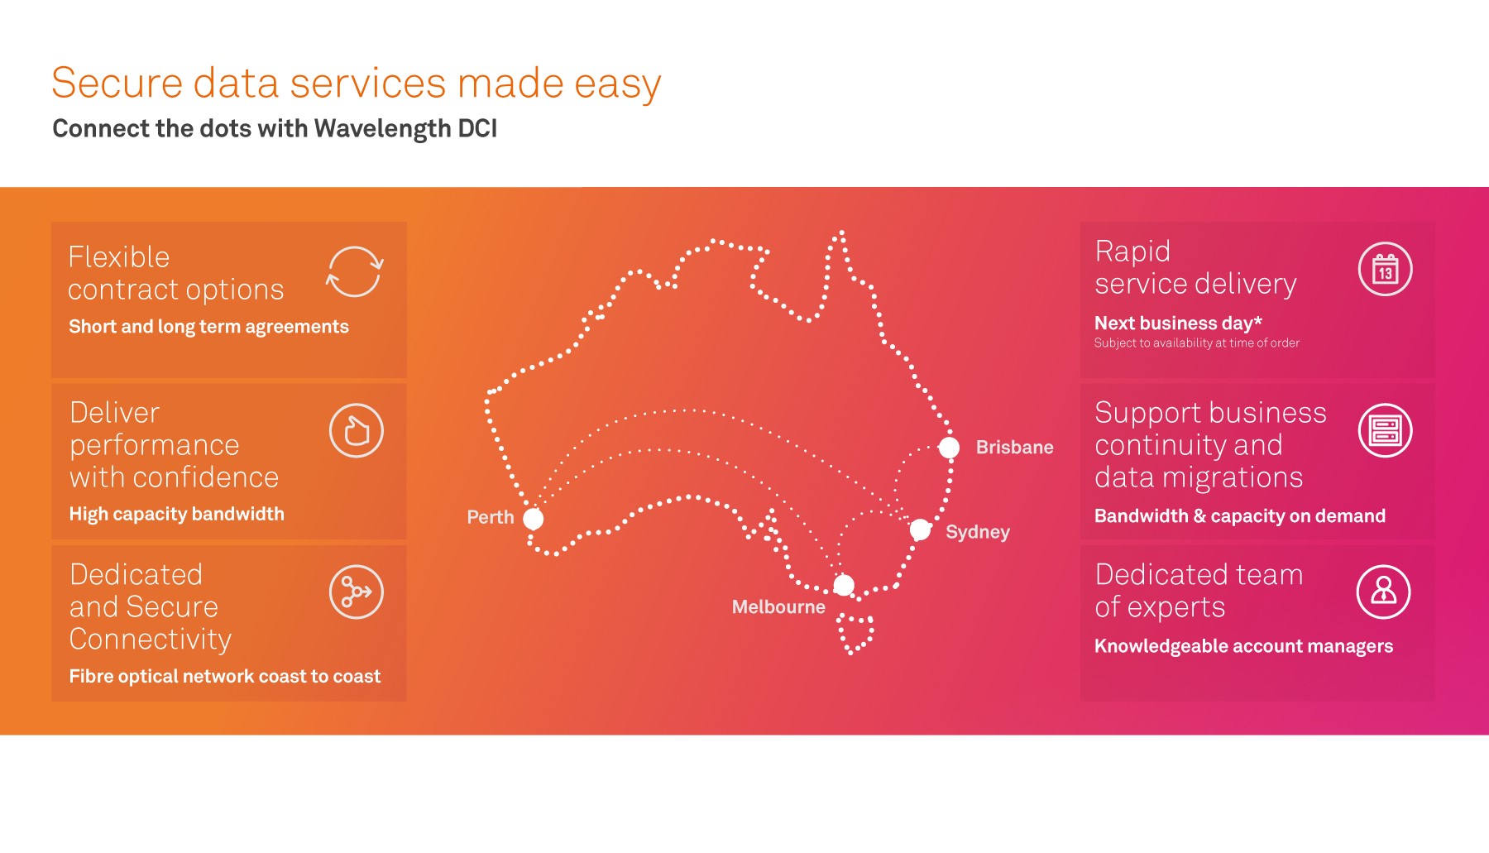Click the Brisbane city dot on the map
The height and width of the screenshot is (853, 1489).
pyautogui.click(x=949, y=448)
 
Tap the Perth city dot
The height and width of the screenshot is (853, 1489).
pyautogui.click(x=534, y=519)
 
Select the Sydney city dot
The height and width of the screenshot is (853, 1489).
pyautogui.click(x=920, y=530)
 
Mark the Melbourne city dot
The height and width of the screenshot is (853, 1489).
pyautogui.click(x=844, y=586)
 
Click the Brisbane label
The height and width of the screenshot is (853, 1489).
pyautogui.click(x=1014, y=448)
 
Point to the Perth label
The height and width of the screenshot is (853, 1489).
pyautogui.click(x=491, y=518)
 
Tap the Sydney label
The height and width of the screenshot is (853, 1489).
pyautogui.click(x=977, y=532)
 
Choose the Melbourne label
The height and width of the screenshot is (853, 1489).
pyautogui.click(x=778, y=607)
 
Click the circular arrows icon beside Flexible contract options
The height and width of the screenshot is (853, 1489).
pyautogui.click(x=355, y=271)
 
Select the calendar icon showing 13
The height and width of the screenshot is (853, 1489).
pyautogui.click(x=1385, y=270)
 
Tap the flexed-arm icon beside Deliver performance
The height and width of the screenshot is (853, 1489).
pyautogui.click(x=357, y=431)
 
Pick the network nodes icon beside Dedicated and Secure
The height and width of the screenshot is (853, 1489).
pyautogui.click(x=357, y=592)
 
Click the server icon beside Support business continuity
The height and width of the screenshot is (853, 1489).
pyautogui.click(x=1385, y=431)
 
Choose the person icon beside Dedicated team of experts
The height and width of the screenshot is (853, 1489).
pyautogui.click(x=1383, y=592)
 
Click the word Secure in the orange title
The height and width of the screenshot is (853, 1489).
pyautogui.click(x=117, y=84)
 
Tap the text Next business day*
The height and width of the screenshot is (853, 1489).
pyautogui.click(x=1178, y=323)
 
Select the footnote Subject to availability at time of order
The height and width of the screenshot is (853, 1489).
pyautogui.click(x=1196, y=343)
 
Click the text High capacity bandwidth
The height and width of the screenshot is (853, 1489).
pyautogui.click(x=176, y=515)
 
